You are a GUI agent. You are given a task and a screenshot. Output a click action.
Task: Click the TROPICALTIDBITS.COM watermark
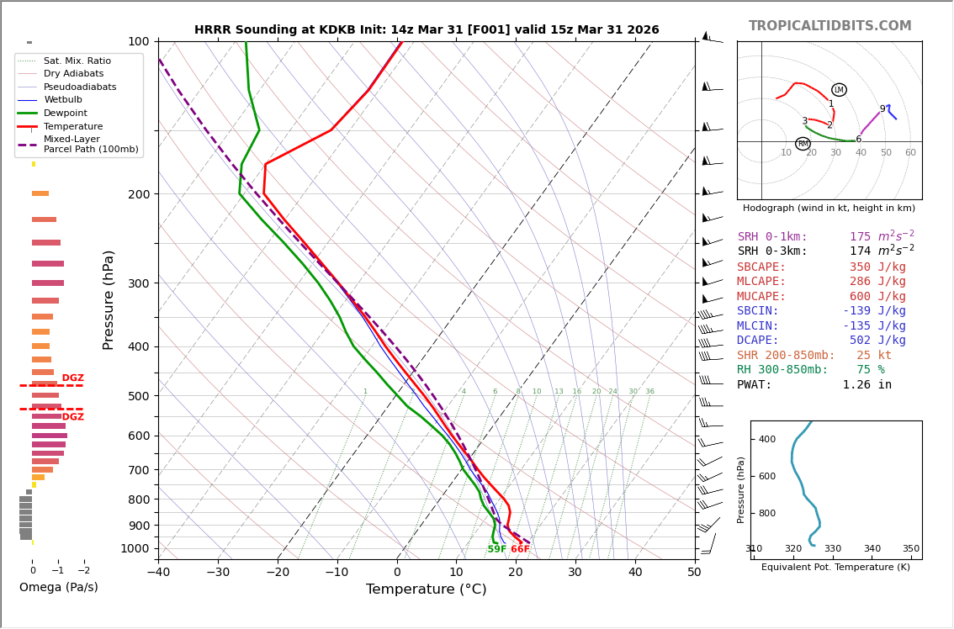click(829, 26)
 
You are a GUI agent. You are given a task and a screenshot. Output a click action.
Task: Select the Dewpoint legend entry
click(65, 113)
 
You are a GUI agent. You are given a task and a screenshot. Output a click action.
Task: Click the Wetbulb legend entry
click(63, 99)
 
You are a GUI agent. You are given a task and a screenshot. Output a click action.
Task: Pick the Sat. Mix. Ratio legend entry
click(77, 61)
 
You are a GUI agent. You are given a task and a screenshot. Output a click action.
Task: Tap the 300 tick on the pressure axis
click(139, 283)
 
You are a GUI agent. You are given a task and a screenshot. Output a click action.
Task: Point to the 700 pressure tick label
click(139, 470)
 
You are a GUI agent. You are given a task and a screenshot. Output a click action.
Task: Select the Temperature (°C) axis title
click(426, 589)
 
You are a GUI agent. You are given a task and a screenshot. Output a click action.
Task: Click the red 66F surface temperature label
click(520, 550)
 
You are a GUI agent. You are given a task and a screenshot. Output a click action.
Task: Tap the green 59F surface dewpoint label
click(497, 550)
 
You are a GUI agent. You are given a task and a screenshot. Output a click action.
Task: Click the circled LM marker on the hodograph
click(839, 90)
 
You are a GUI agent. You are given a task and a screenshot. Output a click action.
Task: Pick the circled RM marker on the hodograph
click(803, 144)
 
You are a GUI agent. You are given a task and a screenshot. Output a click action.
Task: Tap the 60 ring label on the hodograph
click(910, 153)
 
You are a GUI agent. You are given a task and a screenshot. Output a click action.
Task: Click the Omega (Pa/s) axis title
click(59, 587)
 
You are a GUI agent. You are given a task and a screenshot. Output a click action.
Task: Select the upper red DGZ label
click(72, 378)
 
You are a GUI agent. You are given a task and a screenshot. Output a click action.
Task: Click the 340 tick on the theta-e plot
click(872, 549)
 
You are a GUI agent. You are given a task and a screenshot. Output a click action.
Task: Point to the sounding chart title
click(427, 30)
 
